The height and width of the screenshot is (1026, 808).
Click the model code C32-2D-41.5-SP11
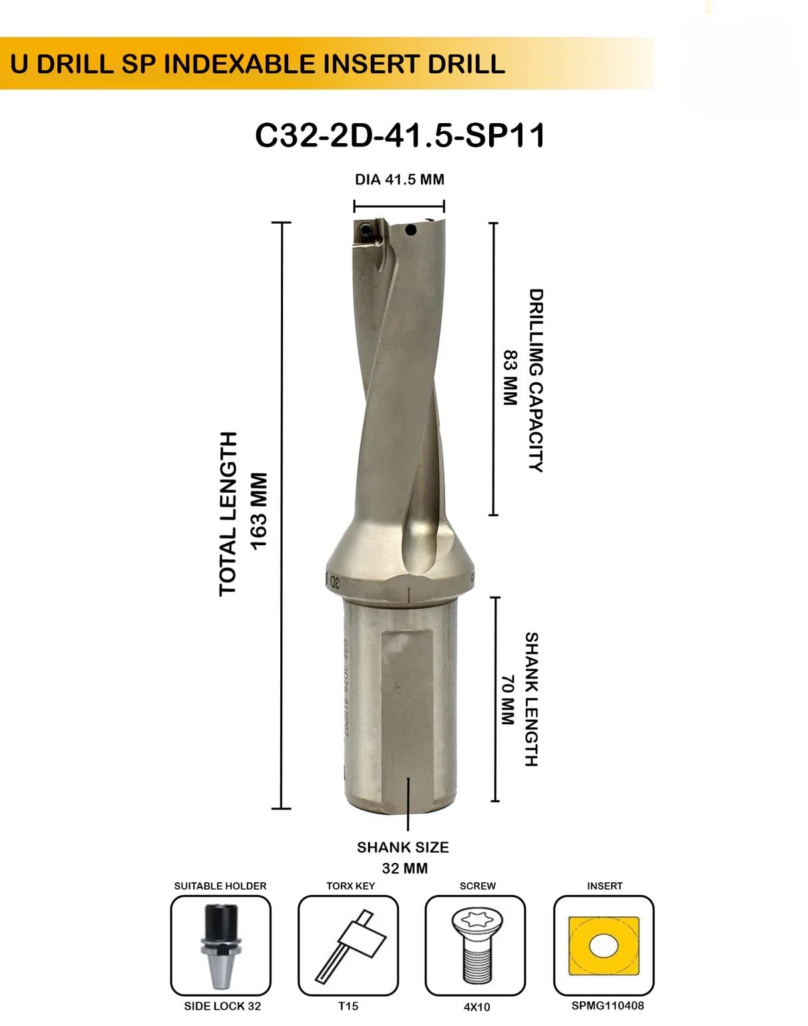[x=400, y=136]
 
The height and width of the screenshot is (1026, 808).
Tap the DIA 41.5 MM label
[x=399, y=180]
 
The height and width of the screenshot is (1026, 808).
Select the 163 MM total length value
[x=258, y=511]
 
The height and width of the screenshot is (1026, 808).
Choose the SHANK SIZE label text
[x=403, y=848]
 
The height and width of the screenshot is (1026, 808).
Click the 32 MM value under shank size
[x=405, y=868]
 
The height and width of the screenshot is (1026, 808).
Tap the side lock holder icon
[x=220, y=945]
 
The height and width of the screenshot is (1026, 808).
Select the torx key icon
[x=348, y=945]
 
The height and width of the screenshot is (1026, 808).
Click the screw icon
[x=475, y=945]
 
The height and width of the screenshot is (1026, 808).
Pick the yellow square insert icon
[x=604, y=945]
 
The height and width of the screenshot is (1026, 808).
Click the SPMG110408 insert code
[x=608, y=1005]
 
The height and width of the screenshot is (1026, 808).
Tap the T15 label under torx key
[x=348, y=1006]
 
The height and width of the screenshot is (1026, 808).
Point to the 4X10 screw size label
[x=477, y=1007]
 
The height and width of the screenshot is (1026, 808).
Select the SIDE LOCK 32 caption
[x=222, y=1006]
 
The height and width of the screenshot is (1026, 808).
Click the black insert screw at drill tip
[x=365, y=231]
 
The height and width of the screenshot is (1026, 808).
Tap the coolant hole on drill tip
[x=411, y=231]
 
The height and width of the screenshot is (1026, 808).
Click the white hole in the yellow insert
[x=603, y=946]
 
